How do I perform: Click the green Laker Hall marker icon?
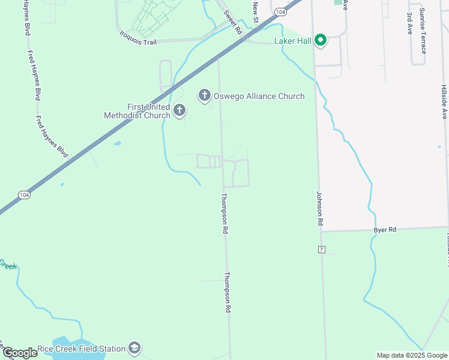(x=321, y=40)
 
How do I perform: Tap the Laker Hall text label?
(x=292, y=41)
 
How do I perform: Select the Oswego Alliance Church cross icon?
(x=204, y=95)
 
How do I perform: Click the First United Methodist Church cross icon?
(x=179, y=110)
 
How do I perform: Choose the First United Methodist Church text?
(x=137, y=111)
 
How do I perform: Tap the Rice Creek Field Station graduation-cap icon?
(x=135, y=349)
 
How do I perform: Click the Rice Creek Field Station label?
(x=81, y=349)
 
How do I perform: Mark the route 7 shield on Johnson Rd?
(x=322, y=249)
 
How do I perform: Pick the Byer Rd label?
(x=385, y=230)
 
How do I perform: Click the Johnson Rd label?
(x=320, y=209)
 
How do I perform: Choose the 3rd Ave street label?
(x=410, y=23)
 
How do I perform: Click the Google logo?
(x=20, y=353)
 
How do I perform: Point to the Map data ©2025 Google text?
(x=411, y=355)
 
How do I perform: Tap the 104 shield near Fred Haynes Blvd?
(x=24, y=196)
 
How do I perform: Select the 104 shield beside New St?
(x=280, y=11)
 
